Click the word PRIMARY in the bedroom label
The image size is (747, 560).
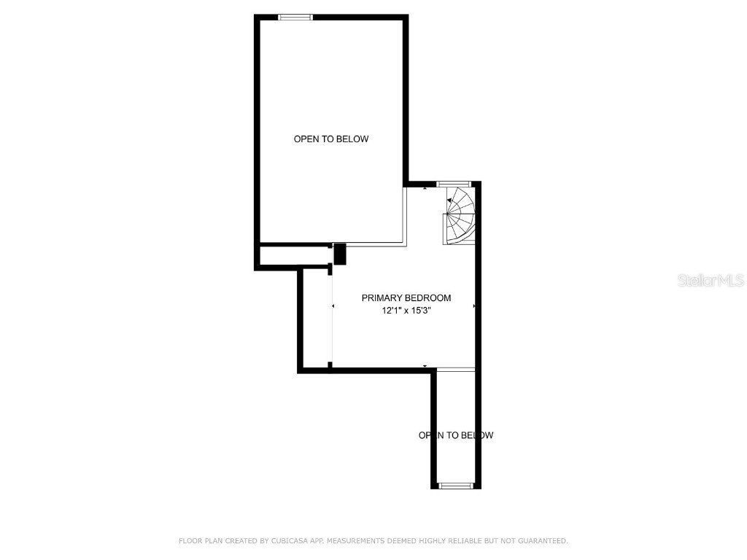click(x=381, y=297)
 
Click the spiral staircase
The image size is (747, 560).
click(x=460, y=216)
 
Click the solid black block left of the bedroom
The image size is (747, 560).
click(x=339, y=254)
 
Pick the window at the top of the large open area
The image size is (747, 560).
click(x=295, y=17)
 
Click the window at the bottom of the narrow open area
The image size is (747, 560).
click(x=456, y=485)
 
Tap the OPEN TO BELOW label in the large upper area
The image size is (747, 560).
click(x=331, y=139)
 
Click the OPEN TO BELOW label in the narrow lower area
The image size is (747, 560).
click(x=456, y=435)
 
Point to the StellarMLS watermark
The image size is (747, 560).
click(x=711, y=280)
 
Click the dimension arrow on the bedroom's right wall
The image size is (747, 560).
click(x=473, y=306)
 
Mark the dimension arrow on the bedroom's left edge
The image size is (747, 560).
click(x=333, y=306)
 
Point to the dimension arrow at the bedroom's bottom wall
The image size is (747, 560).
click(x=425, y=366)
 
